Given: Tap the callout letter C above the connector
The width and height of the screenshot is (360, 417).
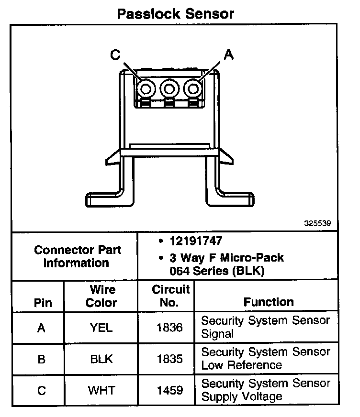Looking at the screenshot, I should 115,55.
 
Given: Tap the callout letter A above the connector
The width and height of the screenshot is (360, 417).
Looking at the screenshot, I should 229,55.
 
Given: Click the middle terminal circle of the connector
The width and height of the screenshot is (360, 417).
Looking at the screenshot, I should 169,88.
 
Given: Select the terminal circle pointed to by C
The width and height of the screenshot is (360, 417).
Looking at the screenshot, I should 145,88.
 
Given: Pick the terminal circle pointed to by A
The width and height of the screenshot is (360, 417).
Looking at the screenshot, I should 193,88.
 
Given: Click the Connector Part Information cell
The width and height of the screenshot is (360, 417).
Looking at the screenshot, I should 78,256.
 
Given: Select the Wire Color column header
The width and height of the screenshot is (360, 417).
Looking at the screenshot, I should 101,296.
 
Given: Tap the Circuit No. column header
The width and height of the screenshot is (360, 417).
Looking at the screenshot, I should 170,296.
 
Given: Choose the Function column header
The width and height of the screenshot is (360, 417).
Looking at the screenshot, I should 269,302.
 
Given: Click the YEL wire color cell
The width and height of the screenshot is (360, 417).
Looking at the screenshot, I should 101,328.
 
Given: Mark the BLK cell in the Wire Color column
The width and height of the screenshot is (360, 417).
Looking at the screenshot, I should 101,359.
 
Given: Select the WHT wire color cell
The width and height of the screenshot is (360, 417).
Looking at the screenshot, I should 101,391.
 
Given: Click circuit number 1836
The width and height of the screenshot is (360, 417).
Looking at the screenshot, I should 169,328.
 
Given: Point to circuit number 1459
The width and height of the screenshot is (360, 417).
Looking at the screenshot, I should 169,391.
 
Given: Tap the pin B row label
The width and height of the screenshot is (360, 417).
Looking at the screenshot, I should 42,359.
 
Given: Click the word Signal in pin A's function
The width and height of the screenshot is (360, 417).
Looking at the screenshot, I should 217,334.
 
